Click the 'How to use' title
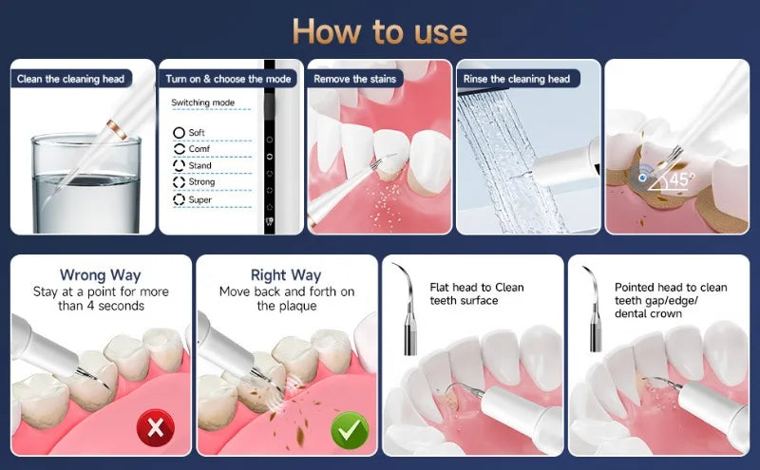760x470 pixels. pos(379,31)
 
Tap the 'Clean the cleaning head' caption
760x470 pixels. pos(71,79)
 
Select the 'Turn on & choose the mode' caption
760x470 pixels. pos(227,79)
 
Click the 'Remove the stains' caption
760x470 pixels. pos(354,79)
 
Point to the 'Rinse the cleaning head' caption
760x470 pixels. pos(517,79)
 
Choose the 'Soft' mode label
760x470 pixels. pos(198,132)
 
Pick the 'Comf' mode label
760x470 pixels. pos(199,149)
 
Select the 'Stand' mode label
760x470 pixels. pos(200,165)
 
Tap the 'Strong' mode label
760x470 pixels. pos(201,182)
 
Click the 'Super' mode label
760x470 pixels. pos(200,199)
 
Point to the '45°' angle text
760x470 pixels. pos(682,179)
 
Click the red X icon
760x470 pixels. pos(156,428)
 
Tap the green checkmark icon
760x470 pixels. pos(349,429)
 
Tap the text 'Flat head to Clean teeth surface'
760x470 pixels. pos(476,293)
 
